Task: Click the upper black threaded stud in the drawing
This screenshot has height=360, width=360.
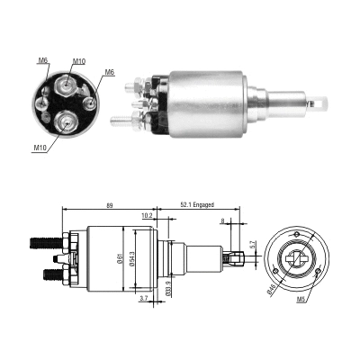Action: click(x=41, y=241)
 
